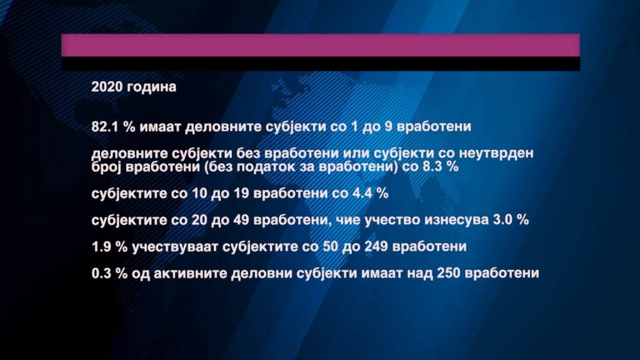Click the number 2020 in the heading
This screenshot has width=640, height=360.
(x=107, y=86)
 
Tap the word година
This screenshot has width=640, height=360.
(x=151, y=87)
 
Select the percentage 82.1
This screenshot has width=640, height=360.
(x=105, y=126)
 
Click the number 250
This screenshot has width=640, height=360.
(x=449, y=273)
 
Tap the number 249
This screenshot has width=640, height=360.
(x=376, y=246)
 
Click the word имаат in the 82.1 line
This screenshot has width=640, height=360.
(x=160, y=126)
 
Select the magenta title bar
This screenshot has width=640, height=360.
(x=321, y=45)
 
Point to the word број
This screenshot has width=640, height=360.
(x=106, y=166)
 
